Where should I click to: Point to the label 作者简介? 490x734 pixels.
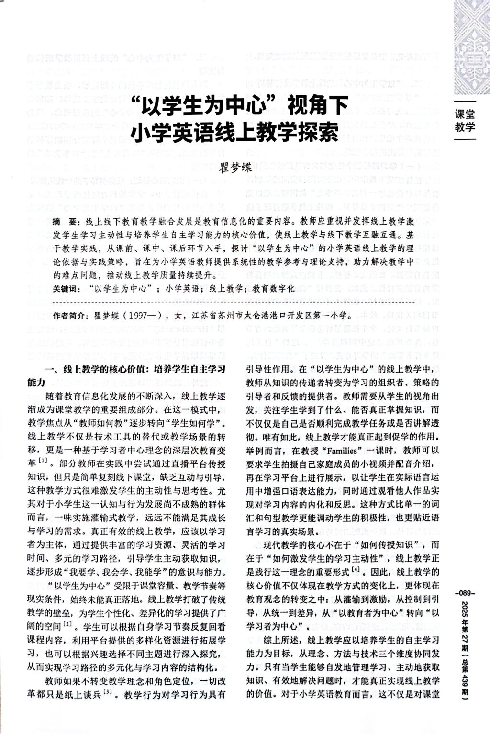pos(70,316)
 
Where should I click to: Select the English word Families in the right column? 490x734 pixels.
pos(340,451)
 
